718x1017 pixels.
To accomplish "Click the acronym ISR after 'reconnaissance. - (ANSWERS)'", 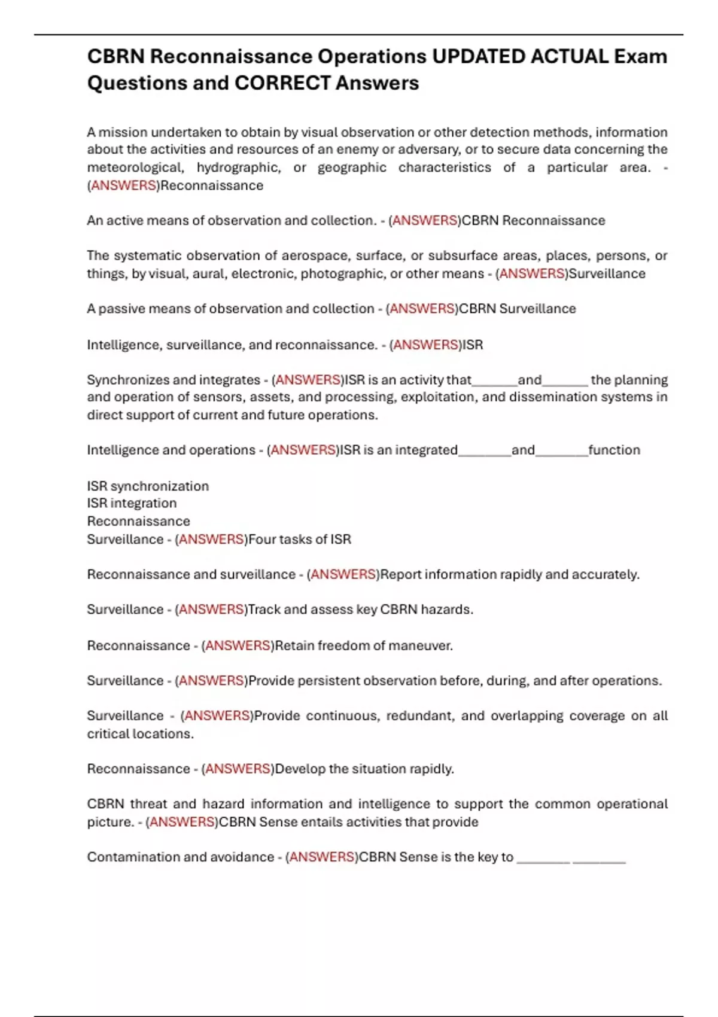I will (x=473, y=345).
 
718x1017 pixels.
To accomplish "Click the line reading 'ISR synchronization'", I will (x=148, y=486).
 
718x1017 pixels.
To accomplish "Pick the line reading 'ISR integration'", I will (x=132, y=503).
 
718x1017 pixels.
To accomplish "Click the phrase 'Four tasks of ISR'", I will (x=300, y=539).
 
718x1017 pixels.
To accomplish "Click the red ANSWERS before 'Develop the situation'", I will (x=238, y=769).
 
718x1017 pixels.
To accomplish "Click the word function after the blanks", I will (x=614, y=450).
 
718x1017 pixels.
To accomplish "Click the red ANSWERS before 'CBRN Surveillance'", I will (x=422, y=309).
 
